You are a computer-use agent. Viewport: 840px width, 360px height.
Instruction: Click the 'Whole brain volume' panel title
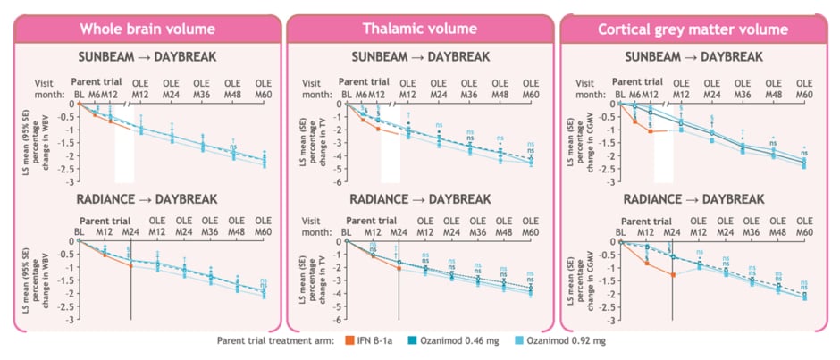click(147, 29)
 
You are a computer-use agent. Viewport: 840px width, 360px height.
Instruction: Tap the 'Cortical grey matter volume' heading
click(693, 29)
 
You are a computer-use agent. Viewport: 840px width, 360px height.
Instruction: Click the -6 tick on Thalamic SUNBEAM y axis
click(333, 182)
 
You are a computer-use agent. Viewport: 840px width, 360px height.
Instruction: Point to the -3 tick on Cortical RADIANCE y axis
click(609, 319)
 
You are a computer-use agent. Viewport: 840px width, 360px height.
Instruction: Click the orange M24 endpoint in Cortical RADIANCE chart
click(673, 274)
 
